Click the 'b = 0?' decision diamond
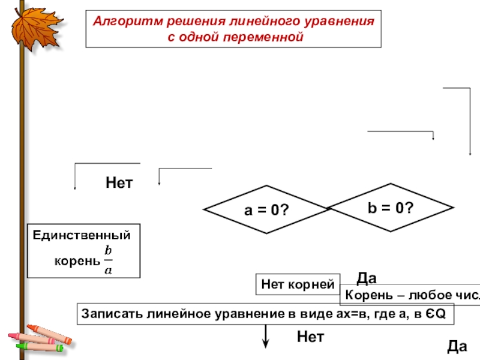[x=390, y=208]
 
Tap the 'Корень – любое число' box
[x=410, y=296]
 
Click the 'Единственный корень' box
[x=83, y=250]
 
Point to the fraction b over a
[x=108, y=260]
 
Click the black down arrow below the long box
[x=265, y=335]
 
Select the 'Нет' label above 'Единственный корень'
[x=119, y=182]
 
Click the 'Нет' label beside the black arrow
[x=310, y=337]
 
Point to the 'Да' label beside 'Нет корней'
[x=366, y=278]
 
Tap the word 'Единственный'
[x=82, y=235]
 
